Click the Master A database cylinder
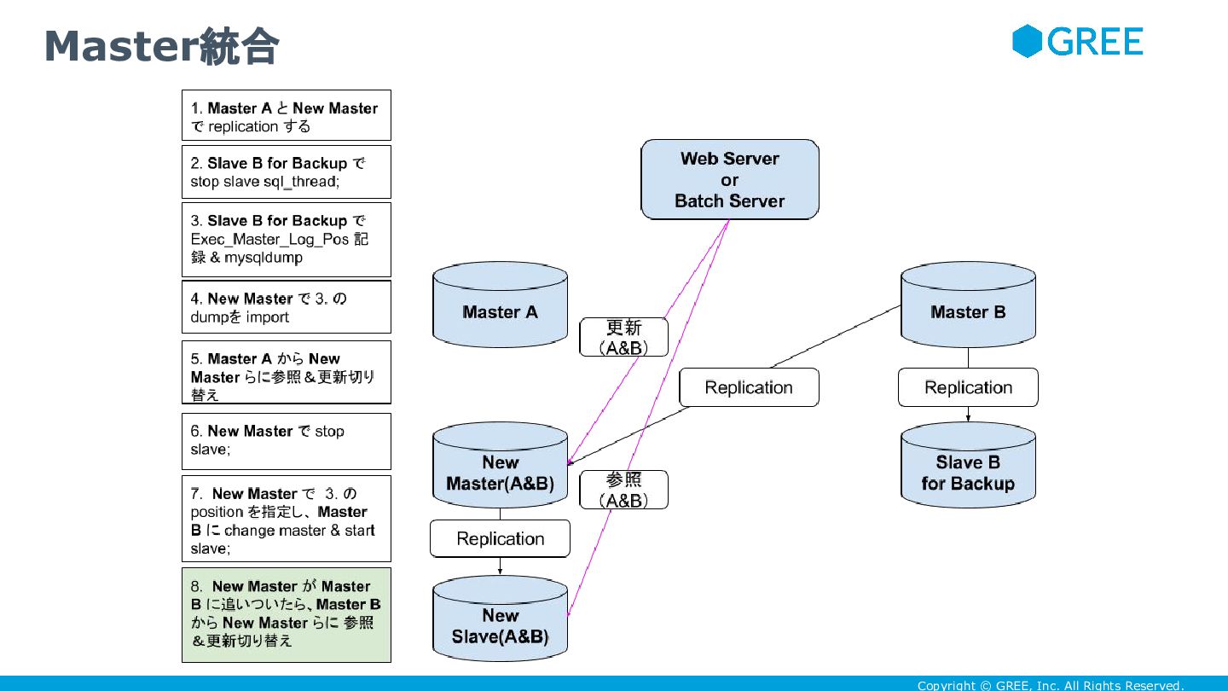pos(500,305)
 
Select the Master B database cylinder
pos(968,305)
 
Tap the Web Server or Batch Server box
pos(730,179)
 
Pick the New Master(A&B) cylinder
pos(500,464)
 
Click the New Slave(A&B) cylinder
pos(500,618)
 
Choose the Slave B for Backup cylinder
pos(968,464)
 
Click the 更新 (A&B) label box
pos(624,337)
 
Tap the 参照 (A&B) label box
pos(624,490)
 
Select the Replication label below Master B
pos(968,387)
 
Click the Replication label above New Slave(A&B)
pos(500,538)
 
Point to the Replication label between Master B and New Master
pos(749,387)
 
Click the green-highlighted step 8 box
pos(287,615)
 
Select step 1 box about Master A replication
pos(287,115)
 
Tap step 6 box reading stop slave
pos(287,442)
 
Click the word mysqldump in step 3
pos(264,258)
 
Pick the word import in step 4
pos(267,317)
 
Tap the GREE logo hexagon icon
pos(1027,41)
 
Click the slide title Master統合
pos(162,46)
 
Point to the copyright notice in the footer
pos(1051,685)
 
